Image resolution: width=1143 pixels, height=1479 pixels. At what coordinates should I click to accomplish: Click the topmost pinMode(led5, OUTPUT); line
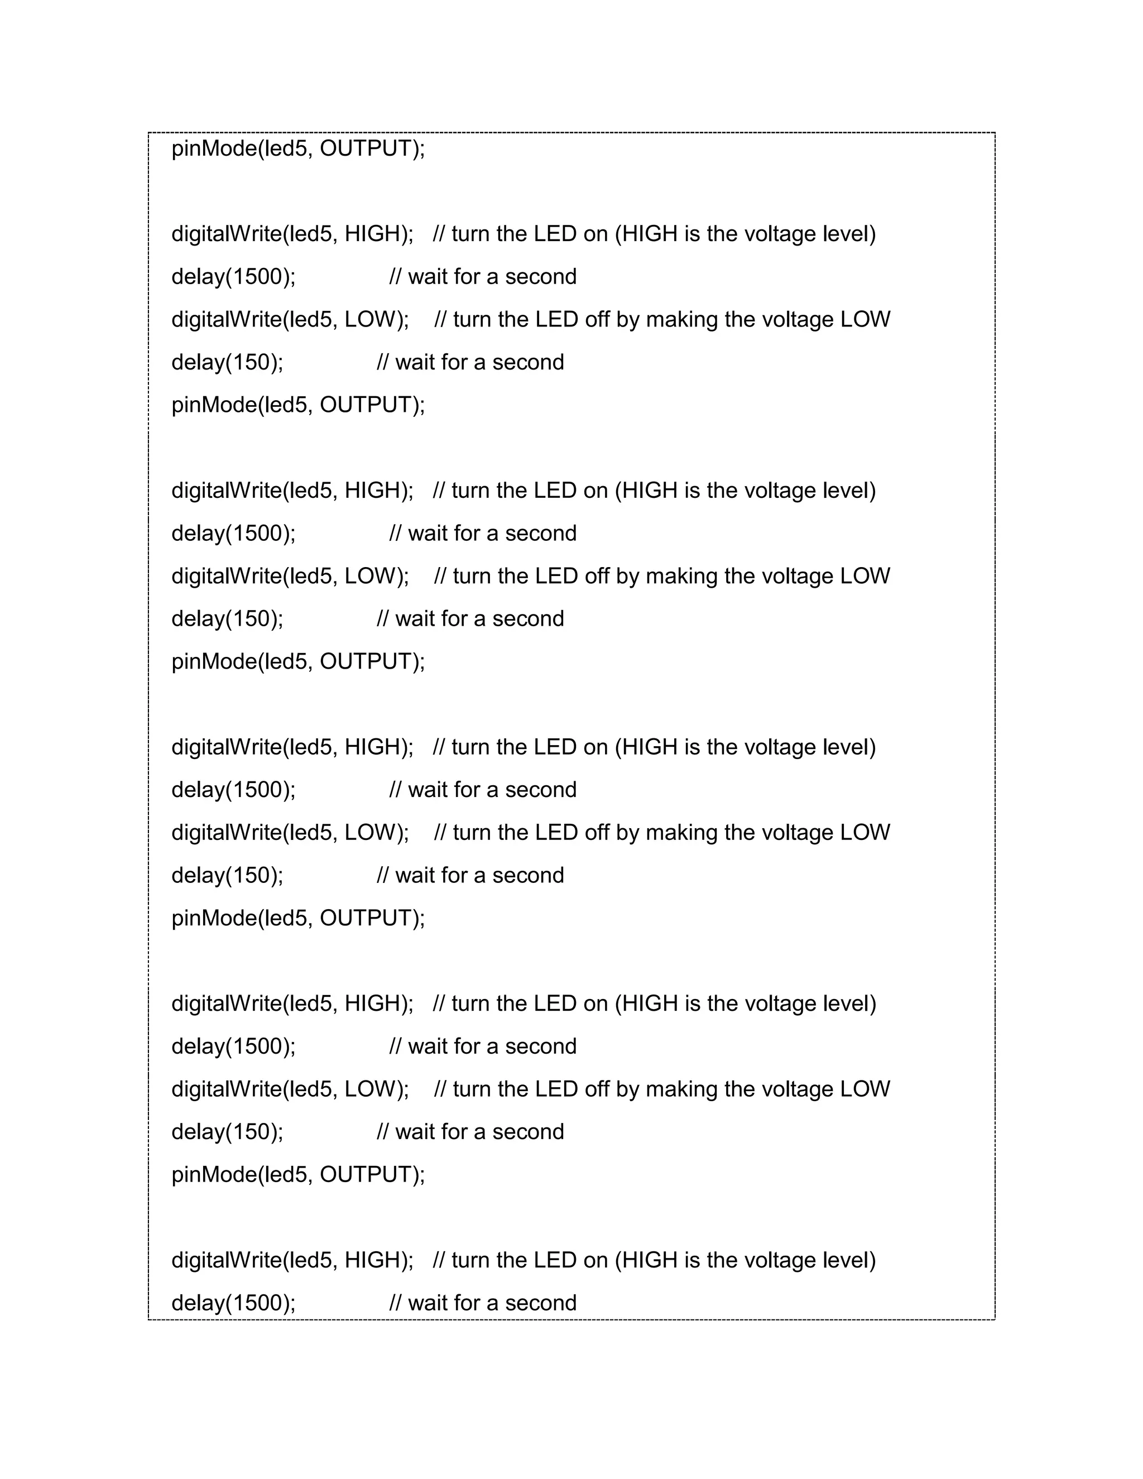tap(298, 148)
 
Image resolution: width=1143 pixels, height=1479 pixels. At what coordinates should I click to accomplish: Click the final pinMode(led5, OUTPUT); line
tap(298, 1174)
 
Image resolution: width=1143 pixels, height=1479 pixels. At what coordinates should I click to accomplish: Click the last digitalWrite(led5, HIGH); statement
tap(292, 1260)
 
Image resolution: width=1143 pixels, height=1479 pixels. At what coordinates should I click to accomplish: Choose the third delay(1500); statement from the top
tap(234, 790)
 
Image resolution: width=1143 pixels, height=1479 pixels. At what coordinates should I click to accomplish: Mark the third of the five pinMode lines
tap(298, 661)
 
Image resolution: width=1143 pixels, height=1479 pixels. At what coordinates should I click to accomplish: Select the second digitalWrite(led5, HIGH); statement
tap(292, 490)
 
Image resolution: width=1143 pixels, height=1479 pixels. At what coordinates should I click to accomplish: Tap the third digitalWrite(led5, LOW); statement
tap(290, 832)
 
